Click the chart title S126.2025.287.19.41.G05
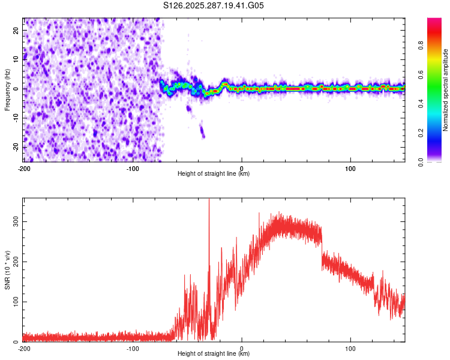pos(214,5)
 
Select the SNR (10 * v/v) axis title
pos(7,270)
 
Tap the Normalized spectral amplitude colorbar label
pos(445,90)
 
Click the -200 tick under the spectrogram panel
pos(24,168)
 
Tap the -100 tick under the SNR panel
pos(133,348)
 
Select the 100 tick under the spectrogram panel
pos(350,168)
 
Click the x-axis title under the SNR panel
pos(214,355)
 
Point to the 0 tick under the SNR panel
pos(242,348)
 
